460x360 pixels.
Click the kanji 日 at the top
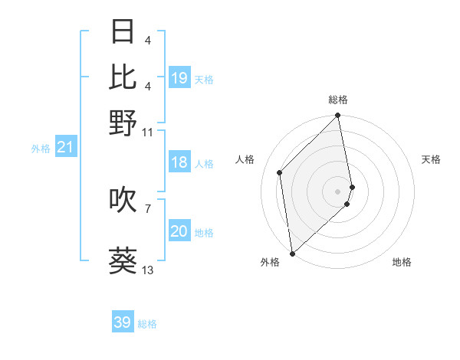123,32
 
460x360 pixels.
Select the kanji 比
123,77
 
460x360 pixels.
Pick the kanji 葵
123,260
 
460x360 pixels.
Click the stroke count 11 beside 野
148,132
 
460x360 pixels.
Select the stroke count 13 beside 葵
148,270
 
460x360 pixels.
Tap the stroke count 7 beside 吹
148,208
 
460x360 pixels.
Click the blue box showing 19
179,77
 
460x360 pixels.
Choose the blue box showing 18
179,162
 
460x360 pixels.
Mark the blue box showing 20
179,231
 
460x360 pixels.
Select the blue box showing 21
65,147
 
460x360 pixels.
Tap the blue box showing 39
123,322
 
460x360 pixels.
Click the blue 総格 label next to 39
147,324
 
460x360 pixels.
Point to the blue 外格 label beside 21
41,149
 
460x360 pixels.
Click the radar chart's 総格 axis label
338,100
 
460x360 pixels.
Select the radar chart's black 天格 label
431,159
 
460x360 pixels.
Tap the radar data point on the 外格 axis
292,253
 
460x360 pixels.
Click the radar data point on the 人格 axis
280,172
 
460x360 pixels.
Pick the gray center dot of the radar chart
338,191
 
